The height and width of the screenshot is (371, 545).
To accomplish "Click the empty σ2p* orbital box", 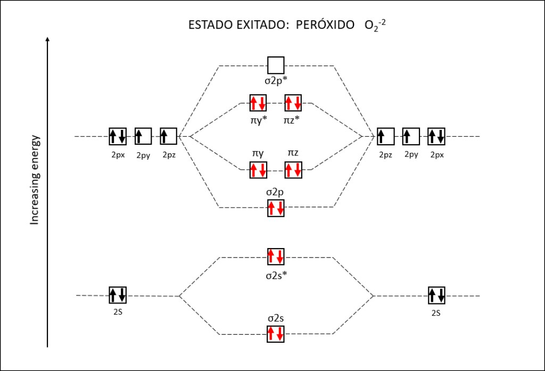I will pyautogui.click(x=276, y=65).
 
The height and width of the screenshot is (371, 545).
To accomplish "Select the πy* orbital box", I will pyautogui.click(x=258, y=102).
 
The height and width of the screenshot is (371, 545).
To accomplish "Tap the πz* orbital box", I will pyautogui.click(x=293, y=102).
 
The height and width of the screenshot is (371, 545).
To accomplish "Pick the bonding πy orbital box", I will pyautogui.click(x=258, y=170).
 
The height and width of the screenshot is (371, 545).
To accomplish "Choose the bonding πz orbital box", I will pyautogui.click(x=293, y=170).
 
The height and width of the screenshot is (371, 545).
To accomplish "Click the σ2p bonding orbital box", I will pyautogui.click(x=276, y=208).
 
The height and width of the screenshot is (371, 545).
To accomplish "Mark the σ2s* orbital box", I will pyautogui.click(x=276, y=257).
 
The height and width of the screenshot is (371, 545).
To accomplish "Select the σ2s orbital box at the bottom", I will pyautogui.click(x=276, y=334).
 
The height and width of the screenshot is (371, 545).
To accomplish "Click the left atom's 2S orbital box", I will pyautogui.click(x=117, y=295).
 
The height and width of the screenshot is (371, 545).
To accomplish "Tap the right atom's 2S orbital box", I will pyautogui.click(x=436, y=295).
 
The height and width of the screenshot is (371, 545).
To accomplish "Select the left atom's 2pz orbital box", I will pyautogui.click(x=168, y=136).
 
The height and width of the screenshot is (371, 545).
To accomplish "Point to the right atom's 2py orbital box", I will pyautogui.click(x=411, y=136).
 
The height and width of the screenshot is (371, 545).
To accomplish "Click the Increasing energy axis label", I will pyautogui.click(x=35, y=179).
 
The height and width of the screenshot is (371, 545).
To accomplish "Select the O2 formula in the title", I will pyautogui.click(x=371, y=26).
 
